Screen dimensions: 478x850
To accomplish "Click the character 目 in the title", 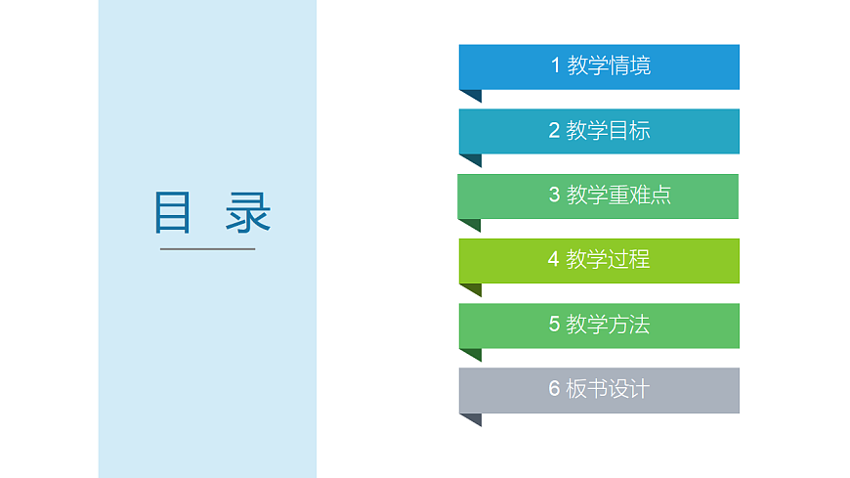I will (x=173, y=212).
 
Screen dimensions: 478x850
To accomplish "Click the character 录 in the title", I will (x=248, y=212).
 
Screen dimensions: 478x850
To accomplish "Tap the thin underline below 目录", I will (x=207, y=249).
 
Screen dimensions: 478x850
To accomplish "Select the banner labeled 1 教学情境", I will (x=599, y=66).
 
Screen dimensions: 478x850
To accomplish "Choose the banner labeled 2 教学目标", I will (x=599, y=131).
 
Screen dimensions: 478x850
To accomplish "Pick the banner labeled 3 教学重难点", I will (x=598, y=196).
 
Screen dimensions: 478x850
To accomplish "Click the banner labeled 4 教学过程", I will (x=599, y=260).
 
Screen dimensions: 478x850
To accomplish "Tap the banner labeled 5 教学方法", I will (x=599, y=325).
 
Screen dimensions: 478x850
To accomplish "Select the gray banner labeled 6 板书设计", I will (x=599, y=389).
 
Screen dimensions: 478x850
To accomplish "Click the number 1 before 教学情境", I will (x=556, y=66).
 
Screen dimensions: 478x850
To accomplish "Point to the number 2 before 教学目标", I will (x=554, y=131).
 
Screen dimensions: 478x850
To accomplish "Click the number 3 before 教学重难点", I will (x=554, y=196).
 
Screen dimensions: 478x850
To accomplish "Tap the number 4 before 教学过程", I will (x=554, y=260).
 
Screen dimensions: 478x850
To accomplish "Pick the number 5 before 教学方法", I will (x=554, y=325).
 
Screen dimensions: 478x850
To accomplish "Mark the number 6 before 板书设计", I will (x=554, y=389).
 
